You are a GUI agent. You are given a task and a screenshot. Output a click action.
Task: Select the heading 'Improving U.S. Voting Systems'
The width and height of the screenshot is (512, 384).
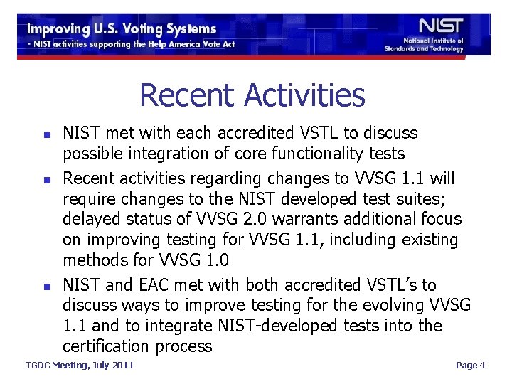[122, 29]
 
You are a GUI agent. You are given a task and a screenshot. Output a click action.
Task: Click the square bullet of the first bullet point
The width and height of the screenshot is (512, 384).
[46, 134]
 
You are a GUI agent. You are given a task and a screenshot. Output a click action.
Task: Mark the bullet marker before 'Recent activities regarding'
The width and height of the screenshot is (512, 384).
[46, 178]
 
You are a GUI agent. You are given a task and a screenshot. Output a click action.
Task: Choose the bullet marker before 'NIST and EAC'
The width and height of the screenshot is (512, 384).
[46, 286]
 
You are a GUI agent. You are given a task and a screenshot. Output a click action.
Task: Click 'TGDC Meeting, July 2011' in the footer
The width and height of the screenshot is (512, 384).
[80, 366]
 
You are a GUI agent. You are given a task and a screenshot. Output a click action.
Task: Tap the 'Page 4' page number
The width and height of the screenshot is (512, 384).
[470, 366]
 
